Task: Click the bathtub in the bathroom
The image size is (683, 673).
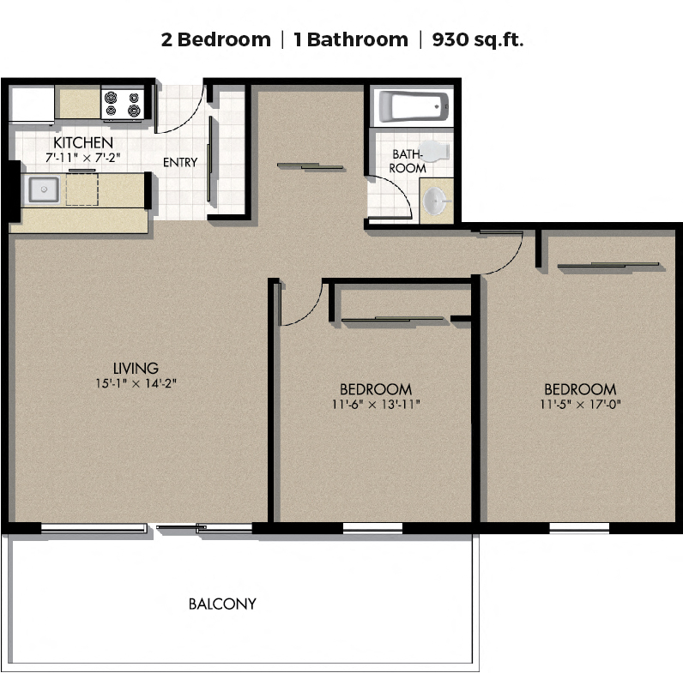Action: pyautogui.click(x=413, y=106)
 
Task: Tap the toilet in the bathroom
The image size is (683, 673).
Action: pyautogui.click(x=433, y=151)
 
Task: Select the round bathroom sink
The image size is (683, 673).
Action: pyautogui.click(x=436, y=201)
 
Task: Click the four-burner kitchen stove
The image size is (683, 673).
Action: pyautogui.click(x=123, y=104)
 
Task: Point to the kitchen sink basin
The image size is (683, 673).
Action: pyautogui.click(x=44, y=189)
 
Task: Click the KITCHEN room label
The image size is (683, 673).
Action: pyautogui.click(x=83, y=142)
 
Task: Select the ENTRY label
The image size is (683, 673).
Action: pyautogui.click(x=180, y=162)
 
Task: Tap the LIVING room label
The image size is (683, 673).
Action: pyautogui.click(x=136, y=369)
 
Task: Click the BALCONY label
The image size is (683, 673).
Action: pyautogui.click(x=222, y=604)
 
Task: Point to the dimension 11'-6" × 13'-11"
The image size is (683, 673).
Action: pyautogui.click(x=376, y=405)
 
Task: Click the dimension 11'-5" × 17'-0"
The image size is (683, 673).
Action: pyautogui.click(x=580, y=405)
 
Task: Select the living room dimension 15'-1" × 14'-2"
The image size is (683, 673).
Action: pyautogui.click(x=136, y=383)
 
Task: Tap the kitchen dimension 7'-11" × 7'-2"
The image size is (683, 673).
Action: pyautogui.click(x=82, y=158)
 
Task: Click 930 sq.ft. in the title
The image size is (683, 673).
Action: pyautogui.click(x=477, y=39)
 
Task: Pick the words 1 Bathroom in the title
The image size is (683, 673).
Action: pyautogui.click(x=351, y=39)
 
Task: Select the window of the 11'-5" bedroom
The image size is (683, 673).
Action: pyautogui.click(x=579, y=527)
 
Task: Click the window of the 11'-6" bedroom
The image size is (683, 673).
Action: pyautogui.click(x=372, y=527)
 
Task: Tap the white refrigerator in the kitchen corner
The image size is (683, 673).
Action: pyautogui.click(x=32, y=105)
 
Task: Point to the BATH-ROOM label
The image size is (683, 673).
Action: pyautogui.click(x=408, y=161)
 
